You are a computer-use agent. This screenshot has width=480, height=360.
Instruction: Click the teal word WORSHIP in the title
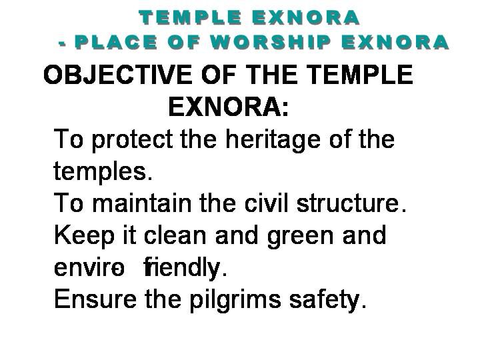point(271,42)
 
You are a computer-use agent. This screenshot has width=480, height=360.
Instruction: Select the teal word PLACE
point(116,42)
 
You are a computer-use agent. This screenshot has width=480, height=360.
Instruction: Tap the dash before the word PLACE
point(63,45)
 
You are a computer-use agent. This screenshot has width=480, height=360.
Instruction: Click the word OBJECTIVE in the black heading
point(118,75)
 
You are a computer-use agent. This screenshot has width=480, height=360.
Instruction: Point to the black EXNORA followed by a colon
point(229,107)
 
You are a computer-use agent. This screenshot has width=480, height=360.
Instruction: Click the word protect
point(132,140)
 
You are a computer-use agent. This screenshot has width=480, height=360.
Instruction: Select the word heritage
point(273,140)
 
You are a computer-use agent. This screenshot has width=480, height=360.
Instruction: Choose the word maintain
point(142,203)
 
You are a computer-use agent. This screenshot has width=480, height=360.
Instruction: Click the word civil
point(266,203)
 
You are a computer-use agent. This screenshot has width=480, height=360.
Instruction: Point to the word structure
point(351,203)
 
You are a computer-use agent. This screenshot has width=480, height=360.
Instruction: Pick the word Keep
point(84,236)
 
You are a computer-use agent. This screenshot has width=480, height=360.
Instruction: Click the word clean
point(175,235)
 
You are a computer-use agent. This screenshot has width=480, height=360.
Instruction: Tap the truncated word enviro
point(89,267)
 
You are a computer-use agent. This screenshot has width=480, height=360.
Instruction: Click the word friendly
point(185,267)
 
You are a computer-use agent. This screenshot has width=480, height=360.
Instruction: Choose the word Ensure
point(95,299)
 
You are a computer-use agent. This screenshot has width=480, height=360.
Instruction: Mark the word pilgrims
point(235,300)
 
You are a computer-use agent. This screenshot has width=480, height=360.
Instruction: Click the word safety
point(327,300)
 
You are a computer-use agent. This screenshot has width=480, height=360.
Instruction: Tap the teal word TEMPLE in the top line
point(191,17)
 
